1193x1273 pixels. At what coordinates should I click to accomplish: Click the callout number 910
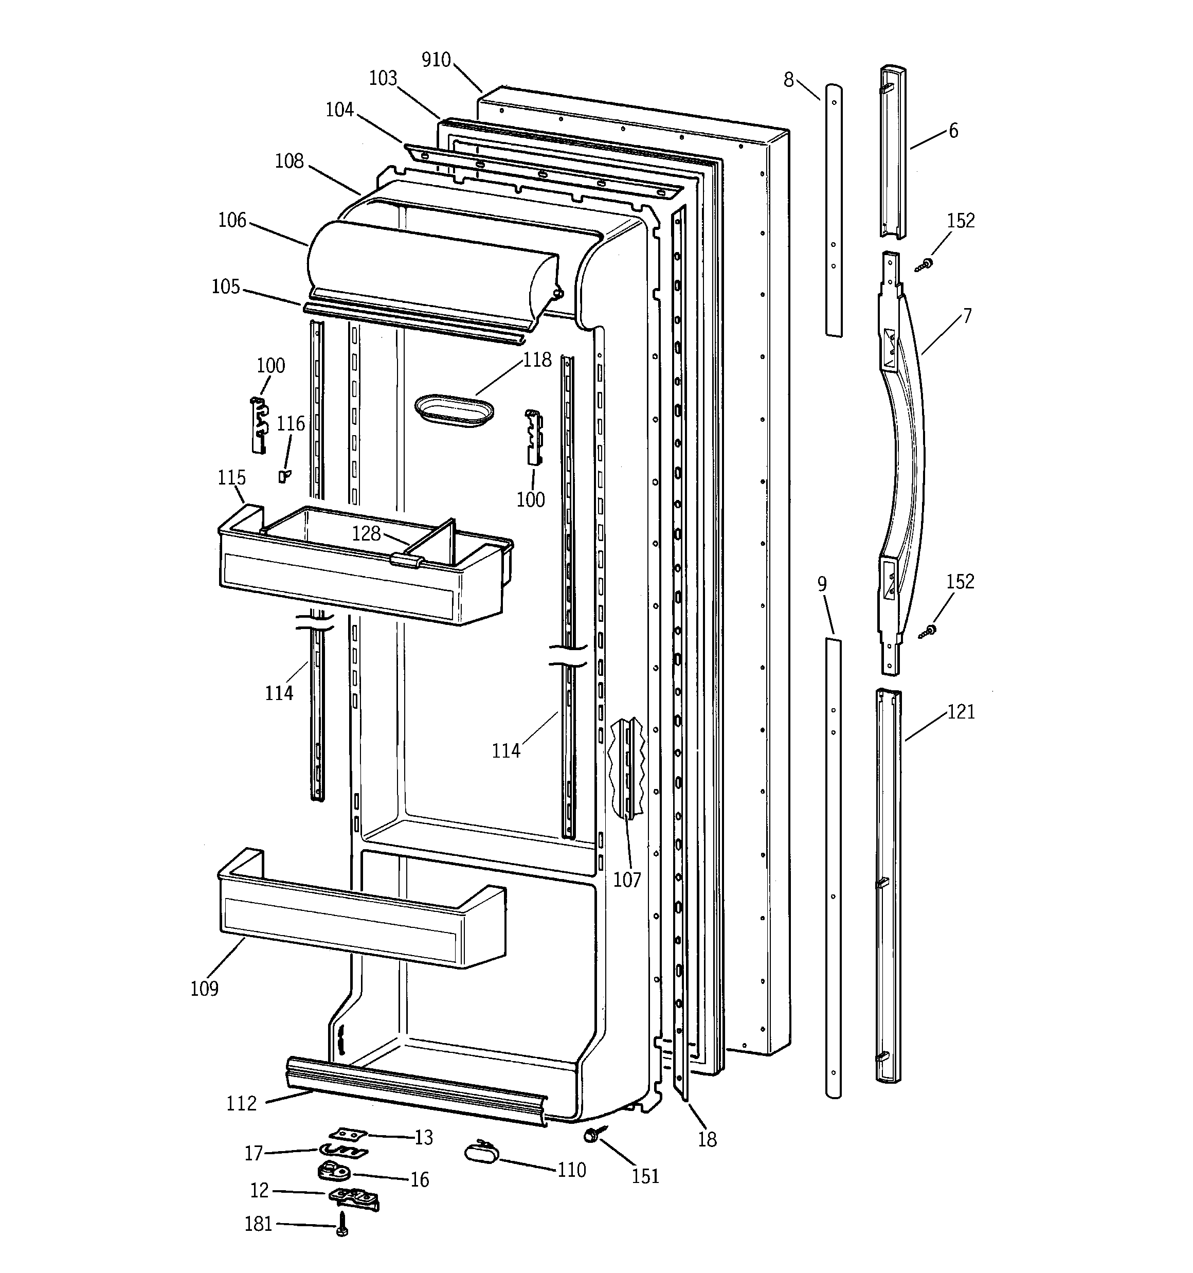click(436, 60)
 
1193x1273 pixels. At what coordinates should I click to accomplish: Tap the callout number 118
click(537, 360)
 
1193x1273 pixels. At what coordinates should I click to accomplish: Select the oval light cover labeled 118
click(454, 410)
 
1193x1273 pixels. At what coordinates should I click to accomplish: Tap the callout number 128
click(366, 533)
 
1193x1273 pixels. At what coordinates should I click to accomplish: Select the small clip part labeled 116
click(283, 476)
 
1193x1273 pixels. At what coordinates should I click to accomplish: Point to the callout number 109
click(204, 988)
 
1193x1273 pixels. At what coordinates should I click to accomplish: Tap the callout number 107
click(627, 880)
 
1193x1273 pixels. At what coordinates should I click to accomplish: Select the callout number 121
click(961, 711)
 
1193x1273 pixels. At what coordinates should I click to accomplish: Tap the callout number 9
click(822, 584)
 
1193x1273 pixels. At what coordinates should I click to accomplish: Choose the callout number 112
click(241, 1103)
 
